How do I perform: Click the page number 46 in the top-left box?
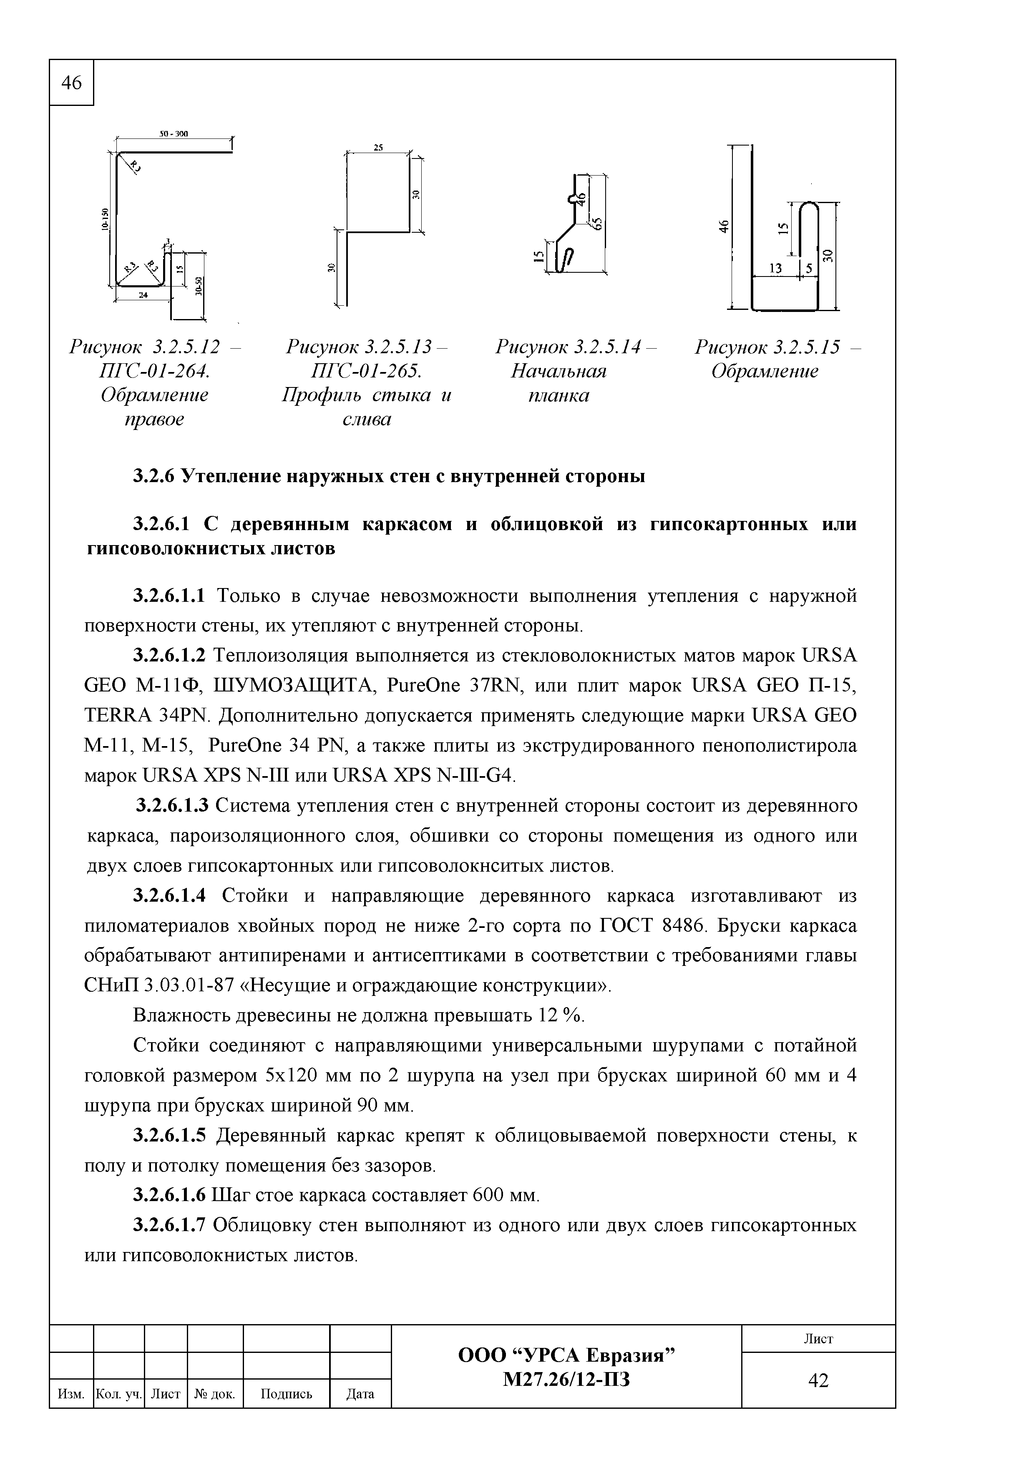point(71,83)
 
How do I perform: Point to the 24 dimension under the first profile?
point(143,294)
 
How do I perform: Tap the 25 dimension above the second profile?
point(378,147)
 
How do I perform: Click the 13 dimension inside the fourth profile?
point(775,269)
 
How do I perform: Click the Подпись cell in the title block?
point(286,1394)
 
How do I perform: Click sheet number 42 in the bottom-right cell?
point(818,1381)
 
